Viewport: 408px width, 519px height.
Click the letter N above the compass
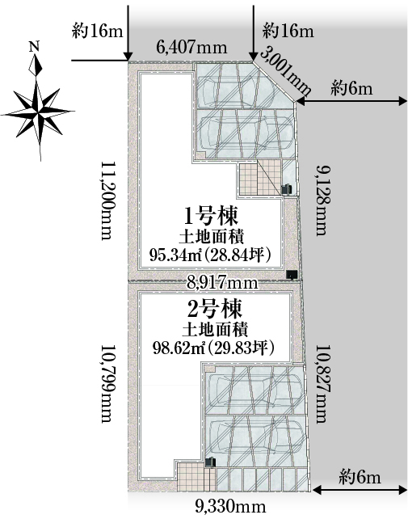(34, 46)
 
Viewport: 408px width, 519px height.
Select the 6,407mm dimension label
(192, 48)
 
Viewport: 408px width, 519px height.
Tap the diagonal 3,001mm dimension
(285, 71)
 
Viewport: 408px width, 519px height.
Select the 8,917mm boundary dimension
(222, 283)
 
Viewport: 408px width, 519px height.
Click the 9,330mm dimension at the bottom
(230, 506)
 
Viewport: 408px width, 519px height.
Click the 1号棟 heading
(211, 217)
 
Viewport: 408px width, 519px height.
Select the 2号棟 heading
(215, 309)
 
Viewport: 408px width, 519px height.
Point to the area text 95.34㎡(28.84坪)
(211, 255)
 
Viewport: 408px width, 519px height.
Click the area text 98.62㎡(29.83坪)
(214, 348)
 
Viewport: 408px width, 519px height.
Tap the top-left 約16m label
(97, 32)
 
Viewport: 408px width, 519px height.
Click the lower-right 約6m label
(360, 477)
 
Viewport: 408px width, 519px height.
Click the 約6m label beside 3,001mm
(351, 89)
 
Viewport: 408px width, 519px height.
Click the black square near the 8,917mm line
(292, 274)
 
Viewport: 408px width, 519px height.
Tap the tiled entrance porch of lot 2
(196, 475)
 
